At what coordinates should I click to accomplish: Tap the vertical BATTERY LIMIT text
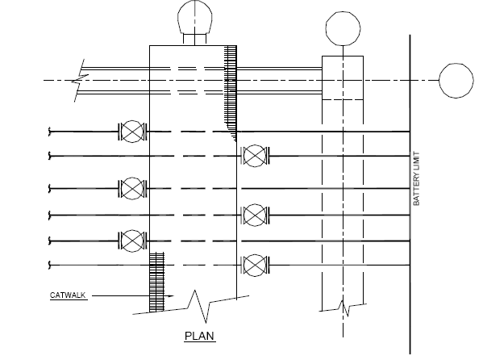[418, 182]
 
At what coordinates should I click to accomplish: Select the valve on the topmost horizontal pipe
[131, 130]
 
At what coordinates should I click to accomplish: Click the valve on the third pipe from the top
[131, 188]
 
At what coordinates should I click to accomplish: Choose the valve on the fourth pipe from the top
[255, 214]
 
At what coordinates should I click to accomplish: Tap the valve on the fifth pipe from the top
[131, 239]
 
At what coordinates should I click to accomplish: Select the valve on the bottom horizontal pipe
[255, 263]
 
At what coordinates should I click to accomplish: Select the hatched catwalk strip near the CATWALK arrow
[157, 282]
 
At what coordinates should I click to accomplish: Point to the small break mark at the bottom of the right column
[344, 307]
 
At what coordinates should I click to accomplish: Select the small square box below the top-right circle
[343, 77]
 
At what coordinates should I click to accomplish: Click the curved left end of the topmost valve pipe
[50, 130]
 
